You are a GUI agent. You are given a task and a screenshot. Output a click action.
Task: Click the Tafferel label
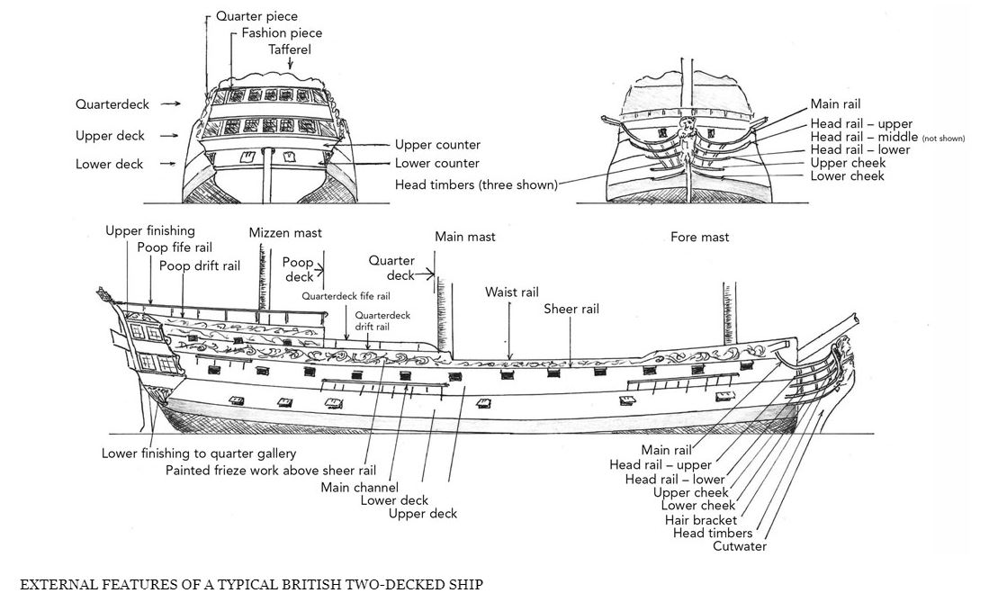click(290, 49)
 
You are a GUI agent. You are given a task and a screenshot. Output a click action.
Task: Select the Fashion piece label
click(282, 32)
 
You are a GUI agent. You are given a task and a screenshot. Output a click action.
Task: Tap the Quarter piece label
click(256, 16)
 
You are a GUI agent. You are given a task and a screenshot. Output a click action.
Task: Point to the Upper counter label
click(437, 145)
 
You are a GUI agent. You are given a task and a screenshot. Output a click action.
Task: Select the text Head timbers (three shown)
click(476, 184)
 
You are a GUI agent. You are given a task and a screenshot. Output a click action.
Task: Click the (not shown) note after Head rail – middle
click(943, 139)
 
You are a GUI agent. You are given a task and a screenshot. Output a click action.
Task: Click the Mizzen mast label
click(285, 233)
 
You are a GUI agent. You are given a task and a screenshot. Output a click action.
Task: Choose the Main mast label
click(464, 237)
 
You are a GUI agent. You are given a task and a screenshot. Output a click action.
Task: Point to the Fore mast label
click(699, 237)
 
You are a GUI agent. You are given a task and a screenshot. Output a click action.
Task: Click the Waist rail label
click(511, 292)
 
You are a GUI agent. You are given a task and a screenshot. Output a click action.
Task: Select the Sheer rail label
click(571, 309)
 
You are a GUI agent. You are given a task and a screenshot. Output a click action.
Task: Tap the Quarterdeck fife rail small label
click(346, 296)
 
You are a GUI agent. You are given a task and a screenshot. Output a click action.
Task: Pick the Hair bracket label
click(700, 520)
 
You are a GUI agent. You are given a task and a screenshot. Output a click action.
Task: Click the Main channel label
click(359, 488)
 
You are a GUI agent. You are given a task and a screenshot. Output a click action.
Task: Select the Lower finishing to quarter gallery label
click(198, 454)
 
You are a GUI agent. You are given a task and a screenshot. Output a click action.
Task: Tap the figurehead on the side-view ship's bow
click(844, 346)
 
